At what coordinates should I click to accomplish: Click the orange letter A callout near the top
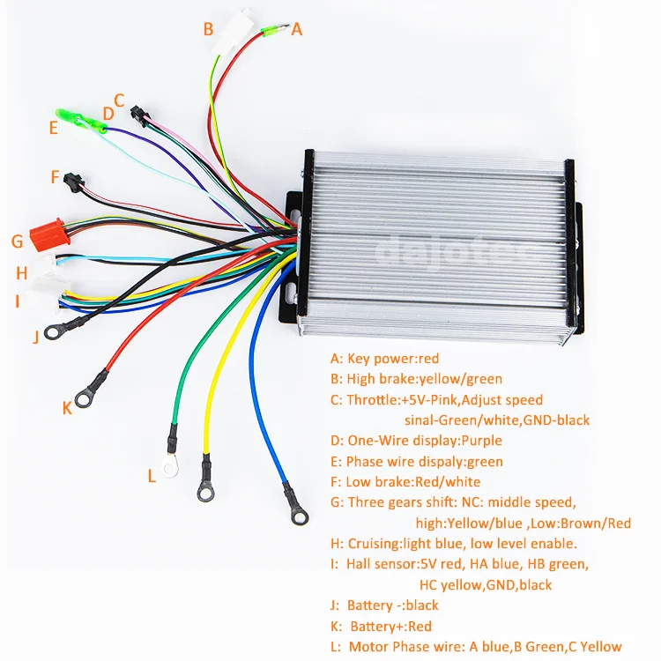[x=297, y=29]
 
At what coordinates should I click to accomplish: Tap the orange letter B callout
[x=208, y=29]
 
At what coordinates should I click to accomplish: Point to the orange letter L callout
[x=152, y=476]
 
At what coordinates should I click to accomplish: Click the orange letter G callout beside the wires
[x=17, y=241]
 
